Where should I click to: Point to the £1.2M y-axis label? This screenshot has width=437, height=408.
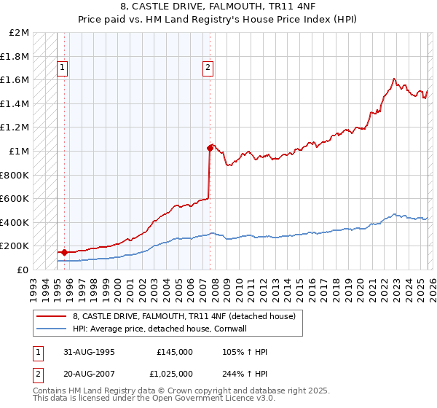(15, 127)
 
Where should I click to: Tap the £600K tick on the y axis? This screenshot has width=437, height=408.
(15, 198)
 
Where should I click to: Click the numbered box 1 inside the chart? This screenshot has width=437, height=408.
(63, 68)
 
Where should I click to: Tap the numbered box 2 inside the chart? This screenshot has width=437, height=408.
(208, 68)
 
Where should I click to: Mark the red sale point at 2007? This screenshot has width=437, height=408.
(210, 148)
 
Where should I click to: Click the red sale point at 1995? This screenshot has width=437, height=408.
(65, 252)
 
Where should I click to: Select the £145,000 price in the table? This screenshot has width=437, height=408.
(175, 351)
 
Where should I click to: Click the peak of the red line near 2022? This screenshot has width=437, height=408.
(393, 78)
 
